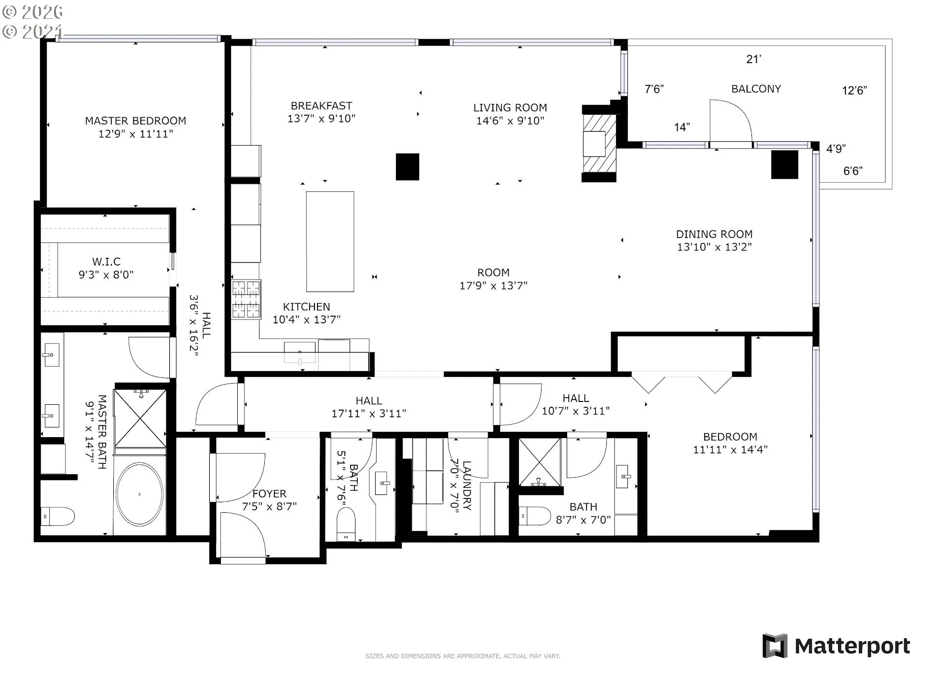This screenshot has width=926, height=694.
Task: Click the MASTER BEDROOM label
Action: tap(136, 120)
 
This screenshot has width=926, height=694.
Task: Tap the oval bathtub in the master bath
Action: tap(140, 494)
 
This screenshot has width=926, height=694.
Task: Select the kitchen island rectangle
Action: tap(330, 241)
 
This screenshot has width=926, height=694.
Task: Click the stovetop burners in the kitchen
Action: tap(246, 299)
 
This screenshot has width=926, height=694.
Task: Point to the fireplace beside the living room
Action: tap(599, 144)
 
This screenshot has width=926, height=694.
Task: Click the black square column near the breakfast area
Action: tap(408, 167)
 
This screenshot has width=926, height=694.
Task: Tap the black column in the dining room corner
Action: tap(785, 164)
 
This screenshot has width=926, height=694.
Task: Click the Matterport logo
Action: tap(836, 646)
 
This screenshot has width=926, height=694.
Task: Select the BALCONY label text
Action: tap(756, 89)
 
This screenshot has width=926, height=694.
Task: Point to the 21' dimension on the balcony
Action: tap(753, 59)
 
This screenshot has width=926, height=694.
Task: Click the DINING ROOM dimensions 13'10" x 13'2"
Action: tap(714, 247)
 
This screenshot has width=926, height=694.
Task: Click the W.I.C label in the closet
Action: tap(106, 262)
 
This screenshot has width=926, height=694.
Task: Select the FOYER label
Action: tap(269, 494)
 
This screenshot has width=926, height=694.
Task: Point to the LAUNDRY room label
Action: tap(466, 485)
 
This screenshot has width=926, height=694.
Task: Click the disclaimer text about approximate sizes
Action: tap(463, 656)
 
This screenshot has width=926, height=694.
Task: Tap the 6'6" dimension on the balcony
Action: tap(853, 171)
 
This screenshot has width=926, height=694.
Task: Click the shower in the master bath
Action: tap(140, 418)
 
